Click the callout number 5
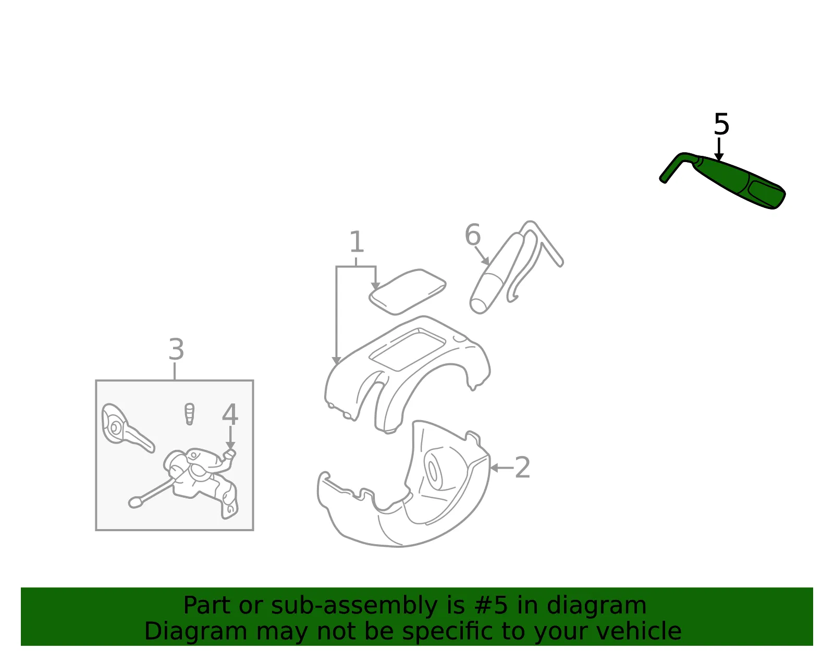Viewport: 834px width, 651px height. click(721, 124)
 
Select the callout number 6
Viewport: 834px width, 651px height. click(472, 235)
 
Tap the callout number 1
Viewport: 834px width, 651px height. click(357, 242)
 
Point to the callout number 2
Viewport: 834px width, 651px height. click(522, 468)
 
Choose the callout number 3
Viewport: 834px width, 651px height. click(176, 350)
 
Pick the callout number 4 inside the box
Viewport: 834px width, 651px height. click(230, 415)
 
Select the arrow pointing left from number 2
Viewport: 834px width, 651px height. click(501, 468)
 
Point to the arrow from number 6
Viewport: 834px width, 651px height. click(482, 256)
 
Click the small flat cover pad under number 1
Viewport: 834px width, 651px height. click(407, 291)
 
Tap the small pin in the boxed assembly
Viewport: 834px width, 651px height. click(189, 414)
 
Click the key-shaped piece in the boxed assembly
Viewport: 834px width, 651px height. click(127, 428)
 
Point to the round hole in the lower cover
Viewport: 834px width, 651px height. click(433, 472)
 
